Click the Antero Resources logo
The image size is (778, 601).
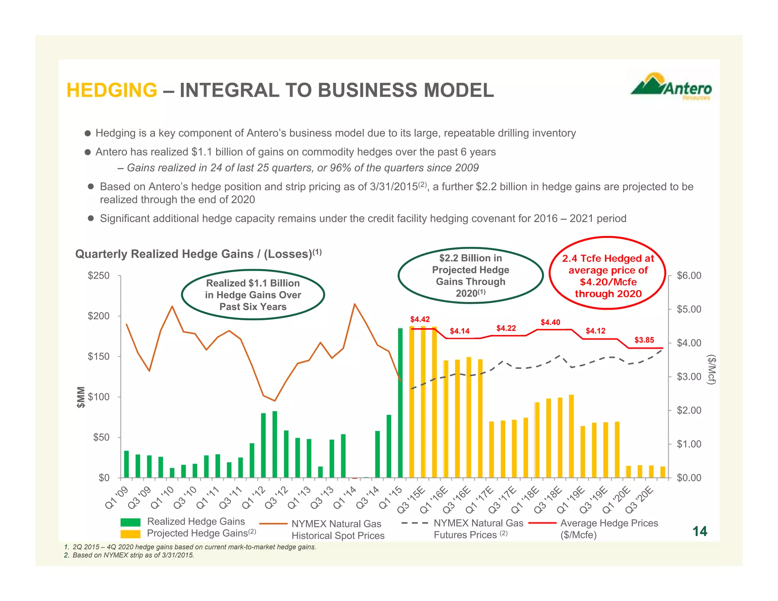(671, 87)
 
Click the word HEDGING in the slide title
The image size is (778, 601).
(112, 90)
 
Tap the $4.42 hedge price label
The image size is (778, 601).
(420, 319)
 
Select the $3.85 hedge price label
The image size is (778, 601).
(644, 340)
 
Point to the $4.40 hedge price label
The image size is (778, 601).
(550, 323)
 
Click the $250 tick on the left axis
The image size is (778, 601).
(98, 275)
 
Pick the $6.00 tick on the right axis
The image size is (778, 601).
(689, 275)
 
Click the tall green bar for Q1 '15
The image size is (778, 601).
(400, 403)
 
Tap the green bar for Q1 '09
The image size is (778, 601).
(127, 464)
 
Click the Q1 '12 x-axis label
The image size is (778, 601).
(254, 498)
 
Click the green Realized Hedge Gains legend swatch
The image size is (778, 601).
(130, 522)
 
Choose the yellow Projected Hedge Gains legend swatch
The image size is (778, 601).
(130, 534)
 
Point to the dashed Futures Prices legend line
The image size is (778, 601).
(414, 523)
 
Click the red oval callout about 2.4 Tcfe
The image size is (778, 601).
(607, 273)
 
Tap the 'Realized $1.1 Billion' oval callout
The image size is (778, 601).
(253, 295)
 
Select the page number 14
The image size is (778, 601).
(699, 531)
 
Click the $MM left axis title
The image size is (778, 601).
(81, 397)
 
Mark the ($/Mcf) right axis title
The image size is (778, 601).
(711, 370)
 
